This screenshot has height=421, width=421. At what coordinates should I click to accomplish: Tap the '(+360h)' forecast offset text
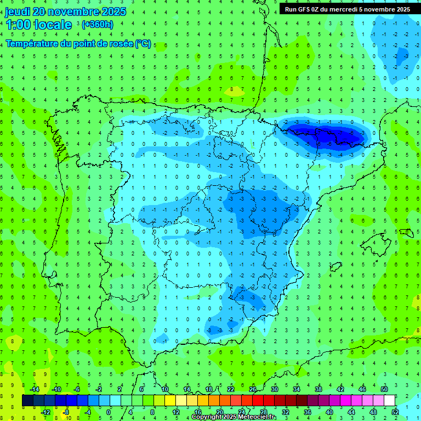pyautogui.click(x=97, y=25)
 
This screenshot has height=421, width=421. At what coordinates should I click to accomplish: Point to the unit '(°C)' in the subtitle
pyautogui.click(x=143, y=43)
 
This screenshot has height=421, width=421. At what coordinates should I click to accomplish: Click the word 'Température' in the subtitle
pyautogui.click(x=33, y=43)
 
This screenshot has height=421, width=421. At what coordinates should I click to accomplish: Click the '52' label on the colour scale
pyautogui.click(x=395, y=412)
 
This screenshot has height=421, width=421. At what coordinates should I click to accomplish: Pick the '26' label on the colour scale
pyautogui.click(x=253, y=389)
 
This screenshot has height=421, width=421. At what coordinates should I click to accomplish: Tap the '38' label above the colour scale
pyautogui.click(x=318, y=389)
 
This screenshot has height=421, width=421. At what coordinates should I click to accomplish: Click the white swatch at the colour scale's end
pyautogui.click(x=389, y=401)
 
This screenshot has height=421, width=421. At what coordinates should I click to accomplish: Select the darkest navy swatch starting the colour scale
pyautogui.click(x=27, y=401)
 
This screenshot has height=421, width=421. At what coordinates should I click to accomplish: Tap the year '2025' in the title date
pyautogui.click(x=113, y=12)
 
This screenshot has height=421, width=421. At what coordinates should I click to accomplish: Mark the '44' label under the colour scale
pyautogui.click(x=351, y=412)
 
